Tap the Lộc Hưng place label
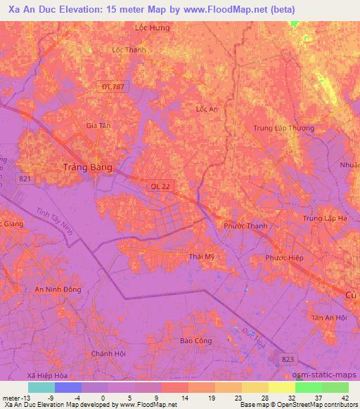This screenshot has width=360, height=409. [x=153, y=27]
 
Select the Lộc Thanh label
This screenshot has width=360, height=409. [x=129, y=50]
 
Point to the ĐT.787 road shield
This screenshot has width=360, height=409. [x=112, y=86]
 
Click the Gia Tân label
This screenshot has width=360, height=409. [x=98, y=125]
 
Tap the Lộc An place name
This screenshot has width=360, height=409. [x=207, y=109]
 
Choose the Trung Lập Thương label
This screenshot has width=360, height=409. [x=283, y=128]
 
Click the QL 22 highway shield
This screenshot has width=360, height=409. [x=160, y=186]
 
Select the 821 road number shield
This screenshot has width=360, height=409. [x=25, y=179]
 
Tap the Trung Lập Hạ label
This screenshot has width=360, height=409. [x=326, y=219]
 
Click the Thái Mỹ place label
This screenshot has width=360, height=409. [x=201, y=257]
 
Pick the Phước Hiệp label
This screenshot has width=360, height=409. [x=284, y=258]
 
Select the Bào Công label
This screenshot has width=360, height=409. [x=195, y=340]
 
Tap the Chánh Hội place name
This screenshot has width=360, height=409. [x=108, y=353]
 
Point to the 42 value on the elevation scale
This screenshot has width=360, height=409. [x=345, y=397]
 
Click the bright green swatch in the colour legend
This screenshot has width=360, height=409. [x=308, y=387]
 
